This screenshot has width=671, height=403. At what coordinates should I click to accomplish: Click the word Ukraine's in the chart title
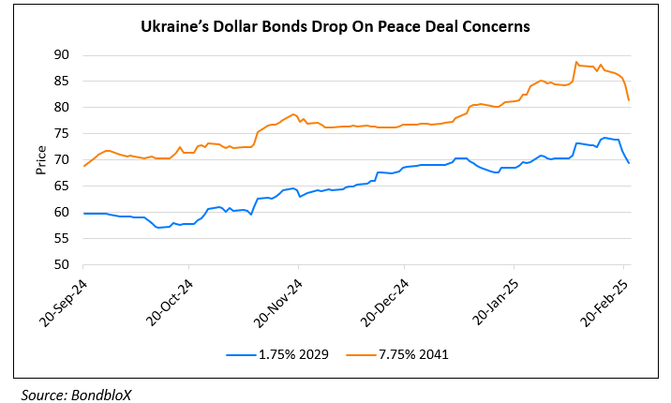point(174,27)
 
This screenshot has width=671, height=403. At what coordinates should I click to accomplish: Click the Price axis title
point(41,159)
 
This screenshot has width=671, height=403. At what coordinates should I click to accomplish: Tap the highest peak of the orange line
point(576,62)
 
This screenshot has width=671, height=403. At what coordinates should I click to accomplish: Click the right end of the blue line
point(629,164)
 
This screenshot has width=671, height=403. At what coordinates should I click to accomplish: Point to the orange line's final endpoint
point(629,100)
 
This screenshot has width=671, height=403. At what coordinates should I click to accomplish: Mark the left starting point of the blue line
point(84,214)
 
